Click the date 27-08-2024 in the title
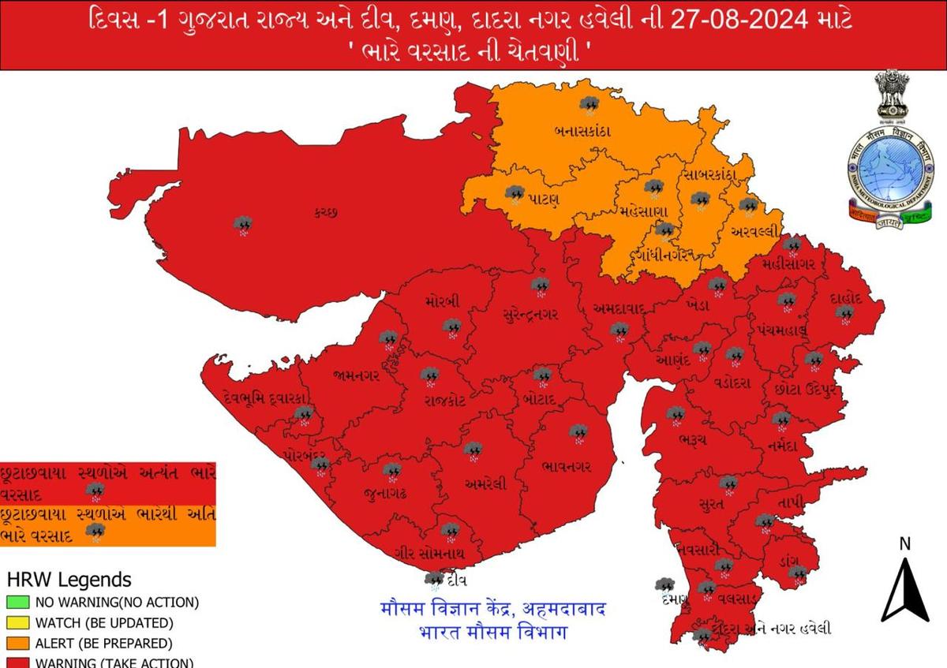click(x=756, y=19)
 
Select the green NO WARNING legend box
click(x=19, y=603)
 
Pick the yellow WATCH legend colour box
click(x=19, y=623)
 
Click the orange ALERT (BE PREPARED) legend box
click(x=19, y=644)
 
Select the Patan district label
click(x=545, y=199)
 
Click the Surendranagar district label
click(x=530, y=315)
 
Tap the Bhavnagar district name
click(x=567, y=467)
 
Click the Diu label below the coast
click(x=455, y=580)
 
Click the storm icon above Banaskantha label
click(x=588, y=105)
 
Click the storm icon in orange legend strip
click(x=96, y=532)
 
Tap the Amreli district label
click(x=481, y=483)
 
